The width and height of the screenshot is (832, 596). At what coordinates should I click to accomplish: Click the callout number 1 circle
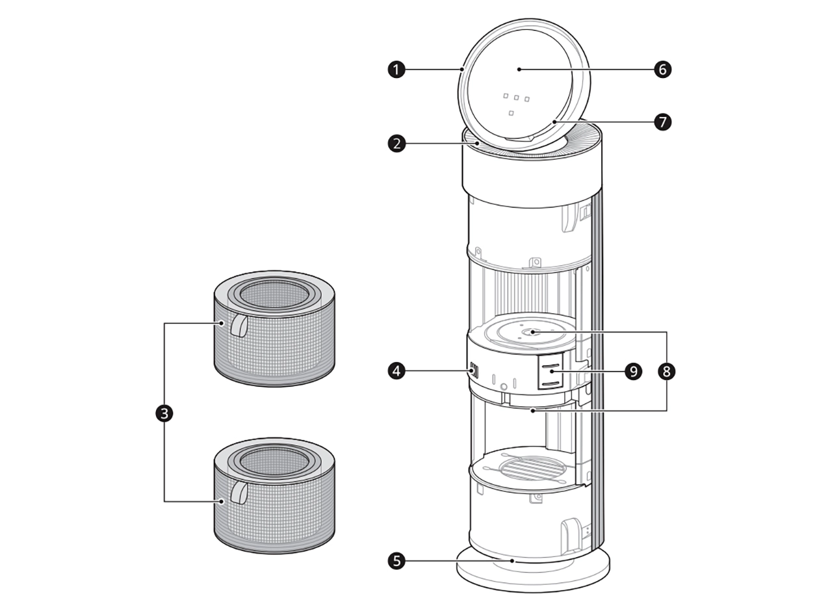396,69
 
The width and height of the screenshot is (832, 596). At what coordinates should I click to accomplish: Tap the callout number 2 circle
396,144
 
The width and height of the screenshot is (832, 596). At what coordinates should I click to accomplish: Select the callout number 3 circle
164,413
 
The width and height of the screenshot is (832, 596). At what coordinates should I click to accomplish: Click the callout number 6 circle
662,69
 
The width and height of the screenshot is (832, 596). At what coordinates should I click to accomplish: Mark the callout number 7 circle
662,122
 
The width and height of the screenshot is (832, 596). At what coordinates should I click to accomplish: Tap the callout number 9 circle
632,371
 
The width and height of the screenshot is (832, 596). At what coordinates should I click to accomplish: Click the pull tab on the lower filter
239,493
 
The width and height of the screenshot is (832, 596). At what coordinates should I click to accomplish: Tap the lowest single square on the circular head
512,114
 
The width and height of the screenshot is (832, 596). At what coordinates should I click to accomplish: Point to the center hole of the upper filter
274,294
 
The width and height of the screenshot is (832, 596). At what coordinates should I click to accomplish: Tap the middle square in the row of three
516,98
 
